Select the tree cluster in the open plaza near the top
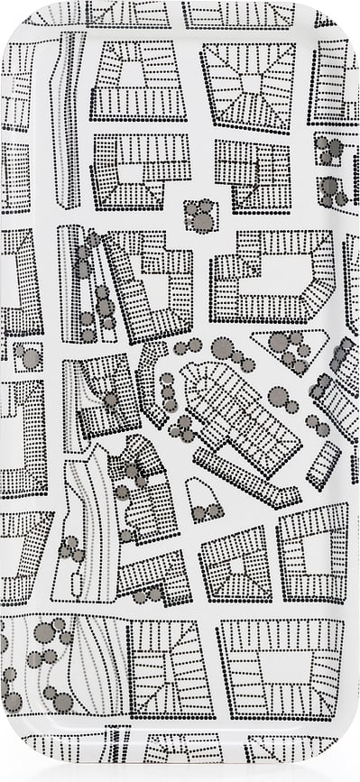[x=199, y=216]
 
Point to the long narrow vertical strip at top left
[x=68, y=117]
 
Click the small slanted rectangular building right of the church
[x=323, y=464]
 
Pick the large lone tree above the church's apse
[x=221, y=347]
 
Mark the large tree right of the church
[x=279, y=396]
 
